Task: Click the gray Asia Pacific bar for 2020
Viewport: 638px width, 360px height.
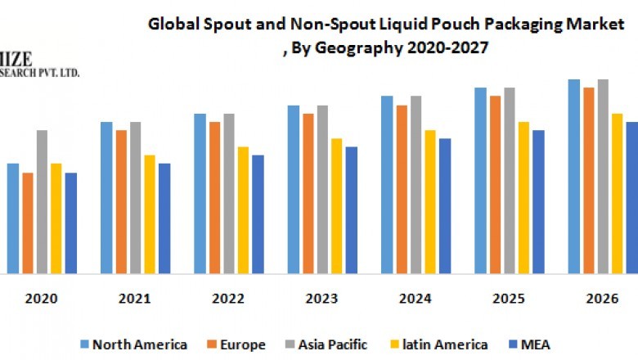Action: [x=42, y=201]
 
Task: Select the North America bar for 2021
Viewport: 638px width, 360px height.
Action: [x=106, y=197]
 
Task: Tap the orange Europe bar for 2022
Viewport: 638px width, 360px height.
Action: [x=214, y=197]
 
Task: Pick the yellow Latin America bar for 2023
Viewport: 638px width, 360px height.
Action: [x=337, y=205]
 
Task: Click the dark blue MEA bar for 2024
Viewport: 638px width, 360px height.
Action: [x=445, y=205]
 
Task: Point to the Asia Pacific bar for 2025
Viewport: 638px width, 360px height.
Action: [x=510, y=180]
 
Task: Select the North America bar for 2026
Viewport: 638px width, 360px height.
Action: [x=574, y=176]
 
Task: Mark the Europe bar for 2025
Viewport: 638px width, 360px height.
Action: [x=495, y=184]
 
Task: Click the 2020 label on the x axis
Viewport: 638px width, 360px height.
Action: [x=41, y=299]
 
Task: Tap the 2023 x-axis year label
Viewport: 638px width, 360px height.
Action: [x=322, y=299]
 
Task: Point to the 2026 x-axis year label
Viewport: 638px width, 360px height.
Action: [x=603, y=299]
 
